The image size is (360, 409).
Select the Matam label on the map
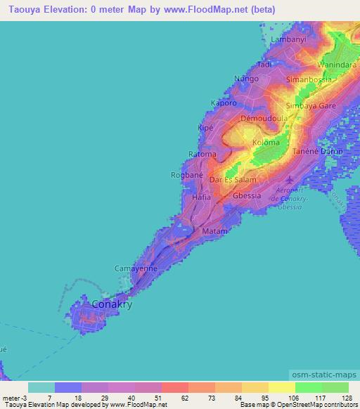pos(214,231)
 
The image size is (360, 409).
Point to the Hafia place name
pos(202,198)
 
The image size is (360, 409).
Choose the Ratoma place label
pos(202,154)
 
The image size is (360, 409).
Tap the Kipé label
pos(206,129)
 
